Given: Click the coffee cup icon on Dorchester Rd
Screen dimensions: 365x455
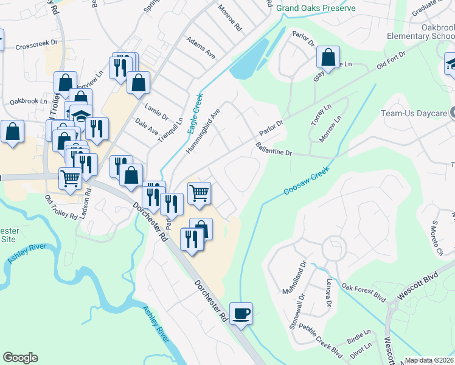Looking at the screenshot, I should click(241, 313).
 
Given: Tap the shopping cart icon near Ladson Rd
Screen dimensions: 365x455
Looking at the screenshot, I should click(71, 178).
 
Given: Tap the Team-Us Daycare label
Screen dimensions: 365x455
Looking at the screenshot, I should click(412, 113).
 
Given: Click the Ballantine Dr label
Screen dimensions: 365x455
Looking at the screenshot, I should click(274, 149).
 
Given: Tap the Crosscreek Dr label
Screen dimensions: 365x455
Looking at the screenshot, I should click(36, 44).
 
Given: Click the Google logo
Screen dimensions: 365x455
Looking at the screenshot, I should click(20, 358).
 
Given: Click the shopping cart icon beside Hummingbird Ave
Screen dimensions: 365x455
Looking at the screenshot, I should click(199, 193).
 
